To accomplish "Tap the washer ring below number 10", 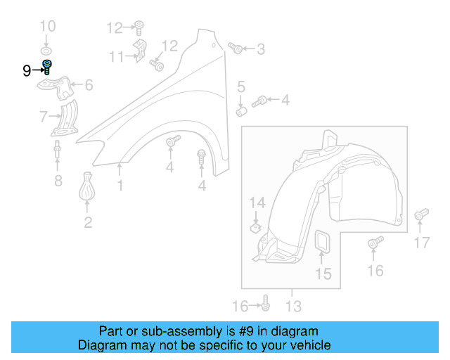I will point(46,52).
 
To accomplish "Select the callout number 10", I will point(46,27).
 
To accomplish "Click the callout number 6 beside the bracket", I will point(89,86).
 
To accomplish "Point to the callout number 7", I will point(44,115).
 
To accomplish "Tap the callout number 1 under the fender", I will point(120,186).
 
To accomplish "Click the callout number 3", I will point(261,49).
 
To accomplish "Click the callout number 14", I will point(257,203).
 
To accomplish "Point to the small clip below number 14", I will point(256,226).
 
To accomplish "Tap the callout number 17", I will point(421,243).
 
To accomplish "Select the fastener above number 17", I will point(421,214).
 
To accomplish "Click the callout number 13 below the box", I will point(293,306).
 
